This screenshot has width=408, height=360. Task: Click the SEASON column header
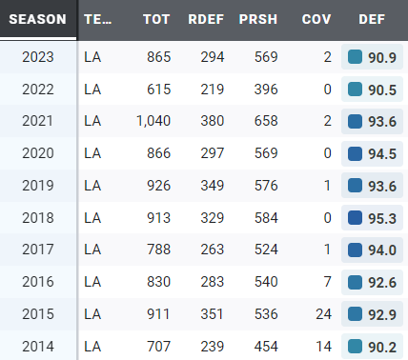point(37,19)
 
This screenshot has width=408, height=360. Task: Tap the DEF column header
point(372,19)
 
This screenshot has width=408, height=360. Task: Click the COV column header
point(316,19)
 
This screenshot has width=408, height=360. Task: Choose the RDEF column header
point(207,19)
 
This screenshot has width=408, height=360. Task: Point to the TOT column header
point(156,19)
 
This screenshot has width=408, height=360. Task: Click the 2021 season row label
point(38,121)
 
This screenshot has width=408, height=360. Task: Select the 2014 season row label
point(38,348)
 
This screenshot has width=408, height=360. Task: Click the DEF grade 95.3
point(381,218)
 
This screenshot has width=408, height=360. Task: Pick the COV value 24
point(323,315)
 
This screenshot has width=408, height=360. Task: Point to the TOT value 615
point(157,89)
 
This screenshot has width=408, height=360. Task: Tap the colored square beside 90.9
point(356,56)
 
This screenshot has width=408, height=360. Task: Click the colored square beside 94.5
point(356,153)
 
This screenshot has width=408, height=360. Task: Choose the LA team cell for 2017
point(92,250)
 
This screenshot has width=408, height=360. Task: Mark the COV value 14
point(323,348)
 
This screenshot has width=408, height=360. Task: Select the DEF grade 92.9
point(381,315)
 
